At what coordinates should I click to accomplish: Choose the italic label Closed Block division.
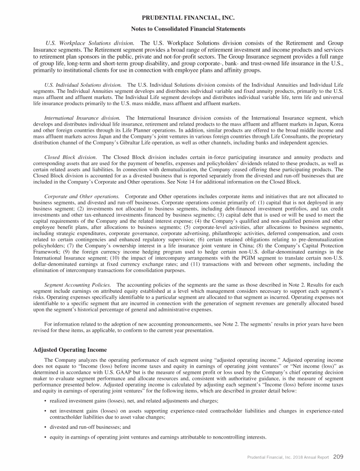pyautogui.click(x=70, y=157)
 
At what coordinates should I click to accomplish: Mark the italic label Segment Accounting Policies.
pyautogui.click(x=77, y=285)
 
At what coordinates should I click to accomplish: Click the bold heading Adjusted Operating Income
pyautogui.click(x=70, y=350)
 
